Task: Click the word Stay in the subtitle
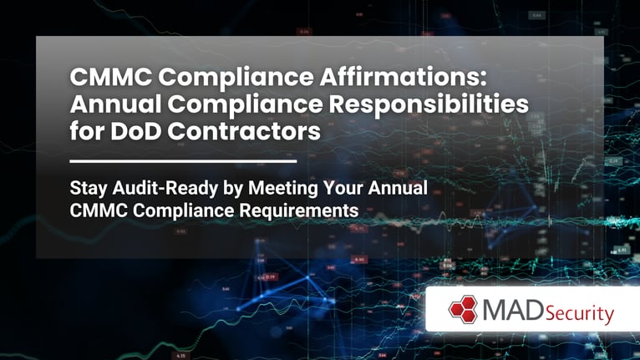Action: pyautogui.click(x=88, y=188)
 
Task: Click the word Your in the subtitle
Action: pyautogui.click(x=333, y=188)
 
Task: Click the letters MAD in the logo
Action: pyautogui.click(x=506, y=311)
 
